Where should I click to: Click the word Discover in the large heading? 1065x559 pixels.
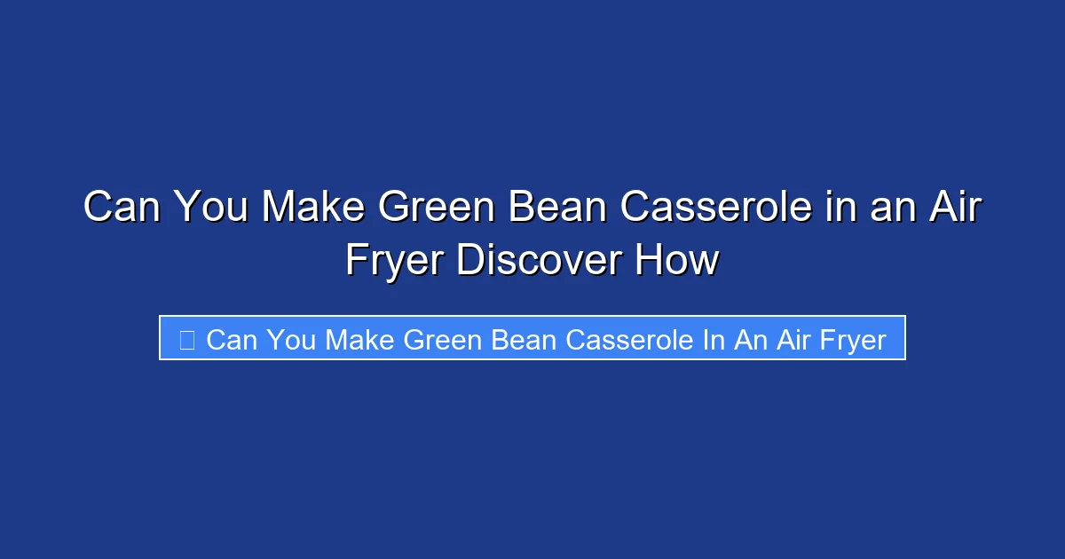tap(540, 261)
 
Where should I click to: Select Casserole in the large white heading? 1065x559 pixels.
tap(714, 208)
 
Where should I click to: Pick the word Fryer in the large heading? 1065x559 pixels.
tap(396, 261)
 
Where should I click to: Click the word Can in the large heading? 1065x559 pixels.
tap(122, 208)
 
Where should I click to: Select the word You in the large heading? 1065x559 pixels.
tap(210, 208)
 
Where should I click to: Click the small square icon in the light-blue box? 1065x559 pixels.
tap(186, 339)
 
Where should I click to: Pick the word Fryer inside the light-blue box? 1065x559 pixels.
tap(850, 339)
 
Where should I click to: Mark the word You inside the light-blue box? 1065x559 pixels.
tap(290, 339)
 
